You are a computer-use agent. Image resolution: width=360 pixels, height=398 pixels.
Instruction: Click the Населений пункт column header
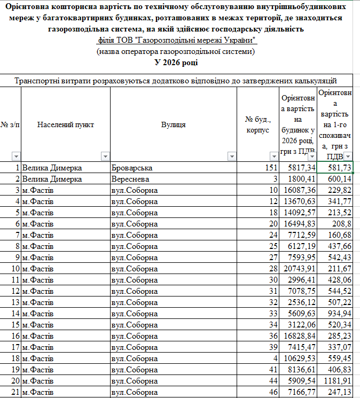tap(66, 124)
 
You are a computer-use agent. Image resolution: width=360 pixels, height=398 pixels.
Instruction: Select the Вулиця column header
tap(173, 124)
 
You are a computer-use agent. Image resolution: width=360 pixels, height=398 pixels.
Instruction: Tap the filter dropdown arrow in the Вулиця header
tap(231, 157)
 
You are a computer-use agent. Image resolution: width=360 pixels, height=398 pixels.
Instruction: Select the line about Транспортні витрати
tap(176, 81)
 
